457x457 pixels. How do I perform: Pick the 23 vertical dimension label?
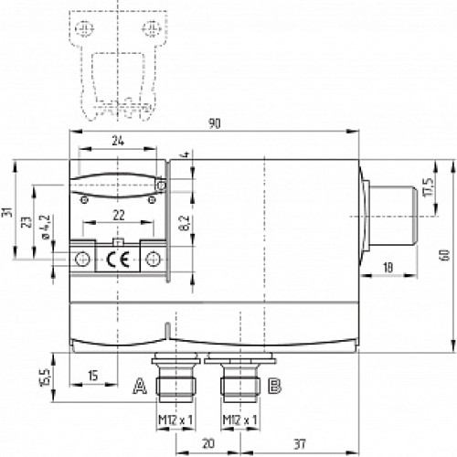[27, 223]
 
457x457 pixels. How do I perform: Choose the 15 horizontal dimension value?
[92, 376]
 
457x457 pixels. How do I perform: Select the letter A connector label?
[140, 386]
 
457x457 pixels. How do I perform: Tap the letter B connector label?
[272, 386]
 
